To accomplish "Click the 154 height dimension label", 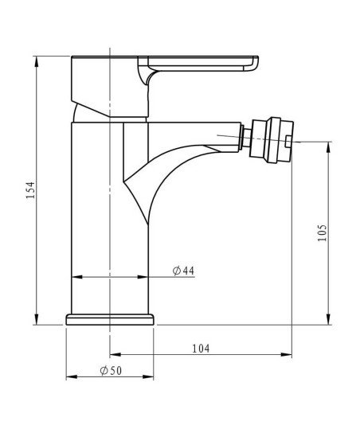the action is (x=30, y=190).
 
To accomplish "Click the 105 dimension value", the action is (x=322, y=233).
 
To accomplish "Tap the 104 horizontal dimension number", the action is (x=201, y=349).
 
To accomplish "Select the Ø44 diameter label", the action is (x=183, y=271).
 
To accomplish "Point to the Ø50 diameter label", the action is (x=111, y=371).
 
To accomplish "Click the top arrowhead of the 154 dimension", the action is (x=37, y=61).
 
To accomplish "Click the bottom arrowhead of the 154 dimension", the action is (x=37, y=319).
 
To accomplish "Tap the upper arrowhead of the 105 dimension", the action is (x=328, y=147).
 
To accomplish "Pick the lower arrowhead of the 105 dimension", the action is (x=328, y=319).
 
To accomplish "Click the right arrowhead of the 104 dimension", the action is (x=287, y=354).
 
